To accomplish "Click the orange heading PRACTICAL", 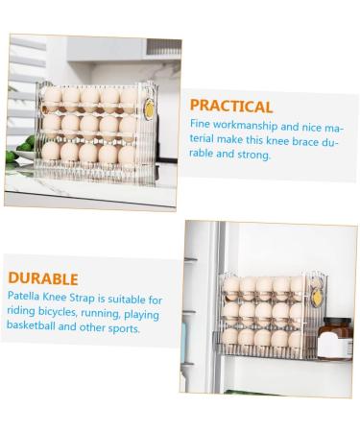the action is [231, 106].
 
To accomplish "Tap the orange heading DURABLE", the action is [43, 278].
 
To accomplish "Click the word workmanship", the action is [245, 125].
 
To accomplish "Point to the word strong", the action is [253, 155].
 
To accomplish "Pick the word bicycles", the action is [58, 311].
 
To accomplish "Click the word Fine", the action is [200, 124].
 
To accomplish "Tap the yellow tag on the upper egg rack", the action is [149, 108].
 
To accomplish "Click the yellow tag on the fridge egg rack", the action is [317, 298].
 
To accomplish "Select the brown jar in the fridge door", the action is [335, 338].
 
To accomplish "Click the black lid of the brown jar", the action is [337, 321].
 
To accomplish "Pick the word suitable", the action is [127, 300].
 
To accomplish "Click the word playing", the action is [141, 315].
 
